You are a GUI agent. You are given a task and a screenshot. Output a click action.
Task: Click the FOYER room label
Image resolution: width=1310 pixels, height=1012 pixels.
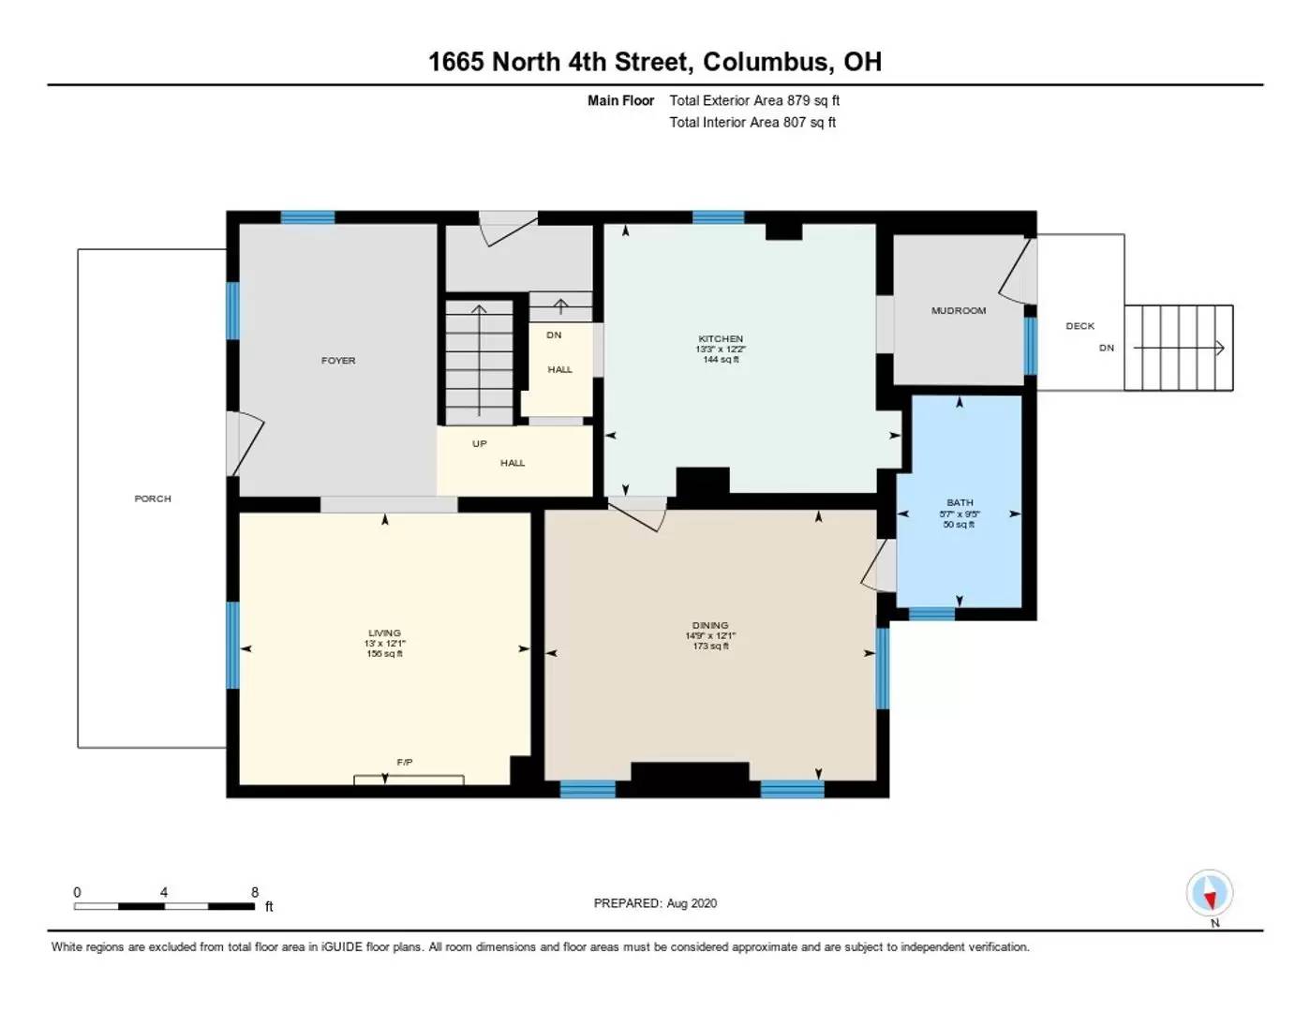(338, 361)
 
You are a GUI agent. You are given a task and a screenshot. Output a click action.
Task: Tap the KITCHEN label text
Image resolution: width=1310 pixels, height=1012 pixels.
(721, 339)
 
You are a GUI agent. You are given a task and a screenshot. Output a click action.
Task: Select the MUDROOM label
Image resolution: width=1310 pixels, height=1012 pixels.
(958, 311)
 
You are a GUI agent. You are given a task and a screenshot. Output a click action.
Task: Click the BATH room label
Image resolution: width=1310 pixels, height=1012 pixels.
(960, 503)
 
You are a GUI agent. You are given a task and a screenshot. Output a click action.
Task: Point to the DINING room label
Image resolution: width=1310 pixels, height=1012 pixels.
(710, 626)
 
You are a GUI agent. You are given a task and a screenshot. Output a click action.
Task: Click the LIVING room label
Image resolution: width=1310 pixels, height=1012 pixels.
(384, 633)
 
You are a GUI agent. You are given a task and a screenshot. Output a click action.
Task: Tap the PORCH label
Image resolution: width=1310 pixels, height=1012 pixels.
(153, 499)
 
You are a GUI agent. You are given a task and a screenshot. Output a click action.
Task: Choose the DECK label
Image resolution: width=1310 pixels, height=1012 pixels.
(1079, 326)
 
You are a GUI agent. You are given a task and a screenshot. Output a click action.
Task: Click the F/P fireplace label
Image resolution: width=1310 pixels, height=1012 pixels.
(405, 763)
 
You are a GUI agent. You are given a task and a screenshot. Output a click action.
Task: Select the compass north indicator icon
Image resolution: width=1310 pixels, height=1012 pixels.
(1209, 893)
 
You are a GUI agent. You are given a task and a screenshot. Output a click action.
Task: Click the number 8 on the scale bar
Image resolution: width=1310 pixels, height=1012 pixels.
(255, 892)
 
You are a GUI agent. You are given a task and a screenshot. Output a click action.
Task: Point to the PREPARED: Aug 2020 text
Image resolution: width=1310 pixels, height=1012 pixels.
(655, 903)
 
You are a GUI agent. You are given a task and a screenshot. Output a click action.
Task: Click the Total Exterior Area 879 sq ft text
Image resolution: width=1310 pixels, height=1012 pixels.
(754, 100)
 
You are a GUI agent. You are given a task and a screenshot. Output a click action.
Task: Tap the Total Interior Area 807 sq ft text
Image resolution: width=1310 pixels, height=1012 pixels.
(752, 122)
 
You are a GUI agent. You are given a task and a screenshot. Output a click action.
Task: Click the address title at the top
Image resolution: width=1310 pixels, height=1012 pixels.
(655, 62)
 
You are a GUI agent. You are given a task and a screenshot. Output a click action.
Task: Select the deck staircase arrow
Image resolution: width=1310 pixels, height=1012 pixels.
(1179, 349)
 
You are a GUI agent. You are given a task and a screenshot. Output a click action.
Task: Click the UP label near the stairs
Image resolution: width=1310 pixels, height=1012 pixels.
(480, 444)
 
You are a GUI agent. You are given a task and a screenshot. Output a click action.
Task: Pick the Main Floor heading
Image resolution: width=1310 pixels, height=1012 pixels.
(620, 100)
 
